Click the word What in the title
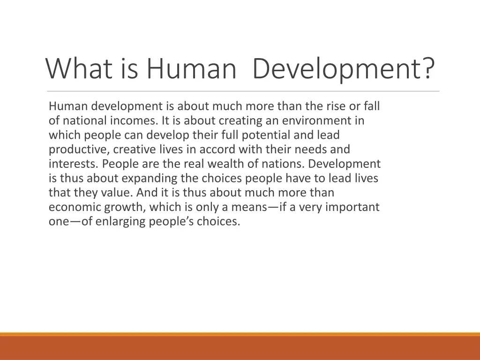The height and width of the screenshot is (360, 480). point(78,68)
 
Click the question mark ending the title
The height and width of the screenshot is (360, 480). point(427,68)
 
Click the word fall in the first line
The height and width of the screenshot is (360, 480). point(371,106)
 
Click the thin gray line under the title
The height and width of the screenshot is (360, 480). point(243,91)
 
